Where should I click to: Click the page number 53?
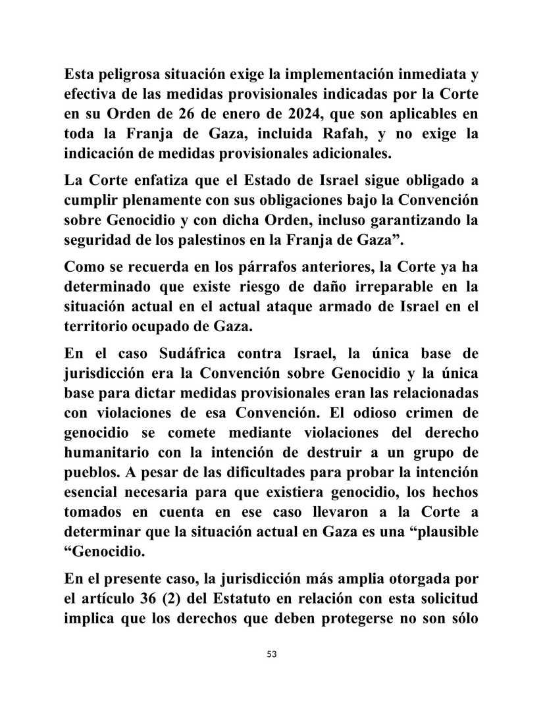click(272, 654)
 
